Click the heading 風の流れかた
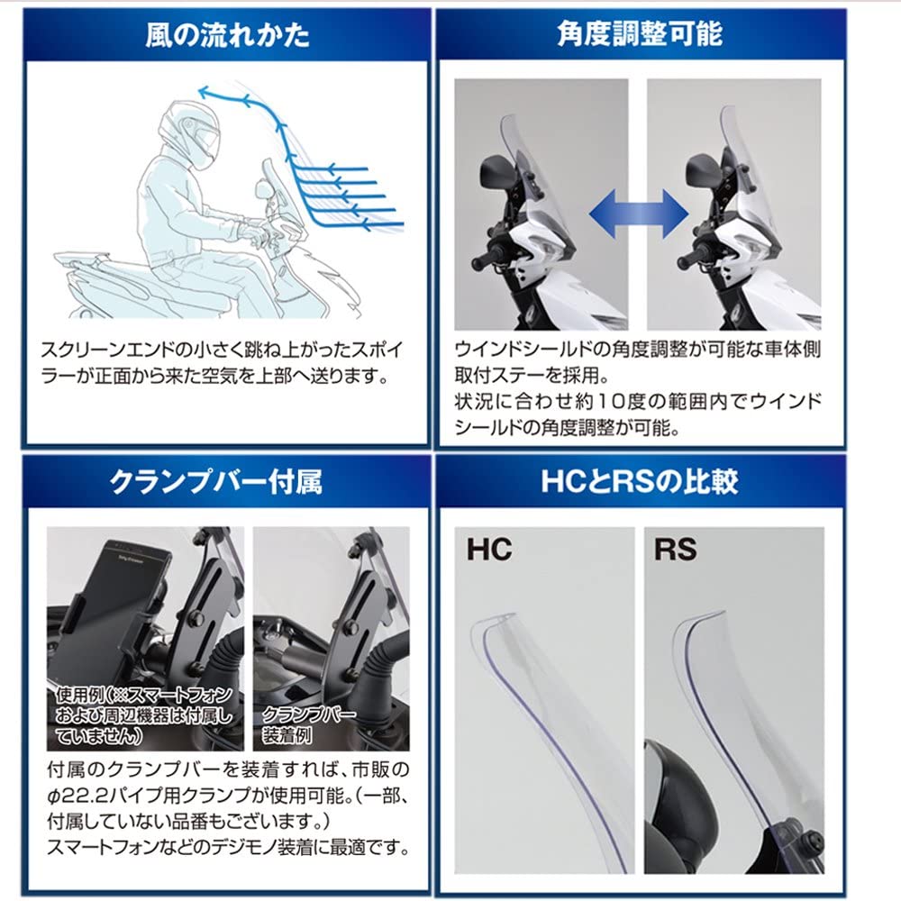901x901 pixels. pos(228,35)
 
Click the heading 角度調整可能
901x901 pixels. pos(640,33)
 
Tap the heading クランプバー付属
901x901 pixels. pos(216,481)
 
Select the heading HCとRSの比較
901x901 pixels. pos(640,480)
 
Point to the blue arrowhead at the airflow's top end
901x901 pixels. pos(205,91)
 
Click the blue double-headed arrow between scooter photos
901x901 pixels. pos(639,214)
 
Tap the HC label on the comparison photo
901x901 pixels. pos(489,550)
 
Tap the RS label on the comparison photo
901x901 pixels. pos(675,550)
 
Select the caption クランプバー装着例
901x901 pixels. pos(308,724)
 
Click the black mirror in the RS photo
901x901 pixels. pos(678,805)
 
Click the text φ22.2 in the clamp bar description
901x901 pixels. pos(75,796)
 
